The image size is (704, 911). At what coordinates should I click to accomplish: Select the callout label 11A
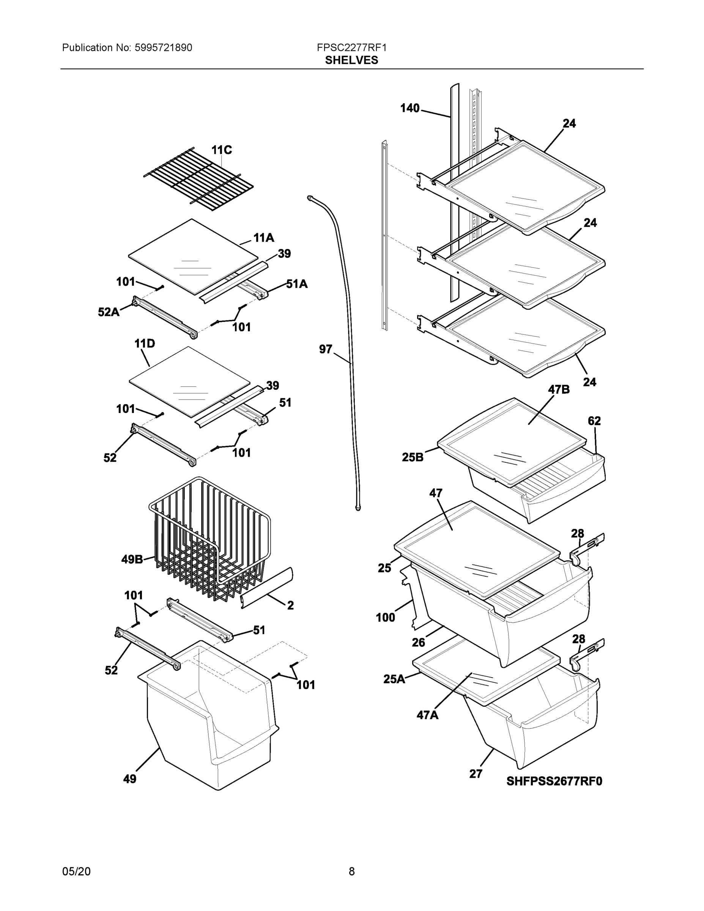(264, 238)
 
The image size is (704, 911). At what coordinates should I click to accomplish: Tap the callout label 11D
(145, 344)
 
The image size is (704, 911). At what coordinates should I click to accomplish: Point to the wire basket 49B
(208, 538)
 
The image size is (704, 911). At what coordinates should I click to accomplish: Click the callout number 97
(325, 349)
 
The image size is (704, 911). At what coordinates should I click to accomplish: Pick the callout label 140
(409, 109)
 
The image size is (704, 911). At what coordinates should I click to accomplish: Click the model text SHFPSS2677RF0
(554, 781)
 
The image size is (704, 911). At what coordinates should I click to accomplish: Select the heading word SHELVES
(351, 60)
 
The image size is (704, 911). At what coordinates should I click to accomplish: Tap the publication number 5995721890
(163, 47)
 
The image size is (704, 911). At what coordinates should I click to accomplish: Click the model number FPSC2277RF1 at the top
(351, 47)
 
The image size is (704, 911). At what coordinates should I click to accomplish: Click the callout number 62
(594, 421)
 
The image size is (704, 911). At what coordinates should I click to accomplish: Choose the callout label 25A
(394, 679)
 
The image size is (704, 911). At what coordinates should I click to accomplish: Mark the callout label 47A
(427, 715)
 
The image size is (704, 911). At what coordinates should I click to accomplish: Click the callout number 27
(476, 774)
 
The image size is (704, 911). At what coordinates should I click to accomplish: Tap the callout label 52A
(109, 312)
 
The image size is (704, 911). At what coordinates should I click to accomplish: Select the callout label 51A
(296, 284)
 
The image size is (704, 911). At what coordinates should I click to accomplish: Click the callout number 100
(385, 617)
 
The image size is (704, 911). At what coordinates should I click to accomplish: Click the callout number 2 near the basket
(290, 605)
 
